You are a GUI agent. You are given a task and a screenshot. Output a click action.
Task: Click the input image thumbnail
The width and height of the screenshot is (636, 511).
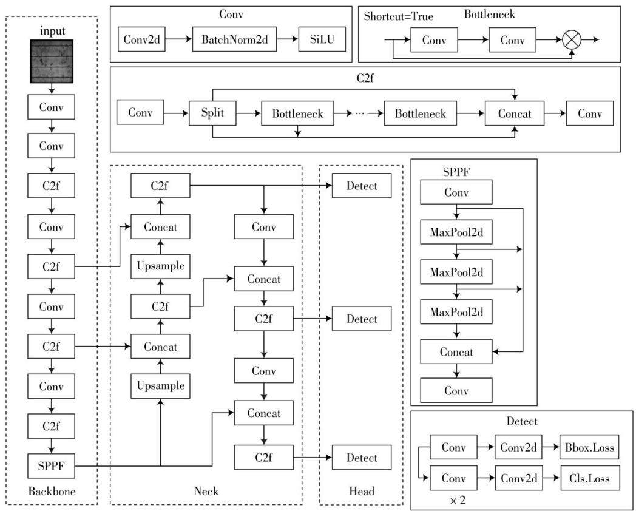tap(52, 61)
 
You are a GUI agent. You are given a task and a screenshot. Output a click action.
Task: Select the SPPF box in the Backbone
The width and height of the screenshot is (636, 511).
tap(51, 466)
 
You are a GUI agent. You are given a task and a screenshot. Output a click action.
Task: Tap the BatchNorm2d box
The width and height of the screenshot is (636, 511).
tap(234, 39)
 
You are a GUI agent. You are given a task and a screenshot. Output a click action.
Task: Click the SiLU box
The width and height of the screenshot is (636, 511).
tap(322, 39)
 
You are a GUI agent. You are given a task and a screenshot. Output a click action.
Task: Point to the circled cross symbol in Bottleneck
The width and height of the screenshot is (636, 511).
tap(572, 39)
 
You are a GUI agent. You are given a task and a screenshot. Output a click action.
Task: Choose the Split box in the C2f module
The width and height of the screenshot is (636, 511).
tap(212, 113)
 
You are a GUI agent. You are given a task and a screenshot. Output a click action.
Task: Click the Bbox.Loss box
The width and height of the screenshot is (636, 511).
tap(589, 447)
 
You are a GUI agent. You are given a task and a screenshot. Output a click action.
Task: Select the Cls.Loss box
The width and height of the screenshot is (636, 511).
tap(589, 478)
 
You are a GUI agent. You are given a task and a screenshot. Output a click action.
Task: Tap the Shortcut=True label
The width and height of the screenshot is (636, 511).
tap(398, 16)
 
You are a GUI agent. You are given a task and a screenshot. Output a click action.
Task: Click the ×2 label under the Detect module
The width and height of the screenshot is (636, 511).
tap(458, 501)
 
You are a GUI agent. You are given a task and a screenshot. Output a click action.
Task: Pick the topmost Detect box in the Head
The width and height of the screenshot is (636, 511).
tap(362, 186)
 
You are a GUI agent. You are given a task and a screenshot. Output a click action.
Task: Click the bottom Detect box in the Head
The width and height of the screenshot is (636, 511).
tap(362, 458)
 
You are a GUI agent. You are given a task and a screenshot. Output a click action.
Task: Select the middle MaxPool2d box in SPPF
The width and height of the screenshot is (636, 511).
tap(456, 272)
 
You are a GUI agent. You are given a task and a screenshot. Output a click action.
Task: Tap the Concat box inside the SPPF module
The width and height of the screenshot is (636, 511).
tap(456, 351)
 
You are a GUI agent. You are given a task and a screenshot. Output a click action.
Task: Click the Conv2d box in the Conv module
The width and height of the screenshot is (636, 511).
tap(141, 39)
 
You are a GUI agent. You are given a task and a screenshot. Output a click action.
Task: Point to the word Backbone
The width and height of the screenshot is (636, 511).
tap(52, 491)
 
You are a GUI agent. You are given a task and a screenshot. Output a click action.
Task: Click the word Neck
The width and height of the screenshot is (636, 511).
tap(206, 491)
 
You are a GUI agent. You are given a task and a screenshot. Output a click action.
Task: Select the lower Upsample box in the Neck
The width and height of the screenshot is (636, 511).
tap(161, 386)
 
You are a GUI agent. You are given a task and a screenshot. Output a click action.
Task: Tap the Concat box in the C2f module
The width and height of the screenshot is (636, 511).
tap(515, 113)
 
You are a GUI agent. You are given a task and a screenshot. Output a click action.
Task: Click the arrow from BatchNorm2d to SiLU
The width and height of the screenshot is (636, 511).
tap(288, 39)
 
